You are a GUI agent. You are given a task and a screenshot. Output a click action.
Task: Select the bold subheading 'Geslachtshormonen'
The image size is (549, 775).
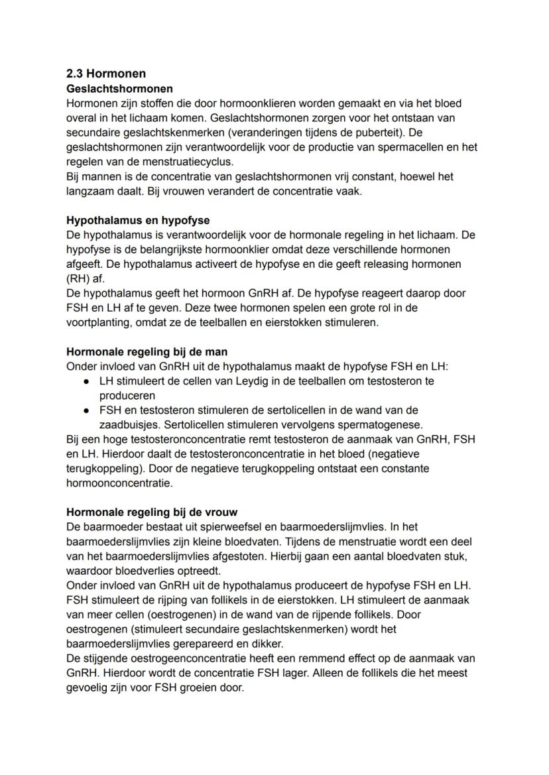[119, 88]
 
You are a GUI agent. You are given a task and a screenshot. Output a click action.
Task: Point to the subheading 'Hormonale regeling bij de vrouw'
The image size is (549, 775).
[152, 512]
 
